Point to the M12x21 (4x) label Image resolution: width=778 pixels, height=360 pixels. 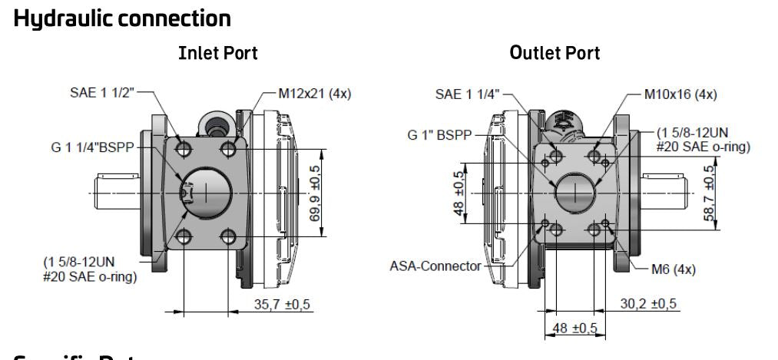pos(303,94)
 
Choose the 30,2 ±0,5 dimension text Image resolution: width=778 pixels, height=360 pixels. pos(650,303)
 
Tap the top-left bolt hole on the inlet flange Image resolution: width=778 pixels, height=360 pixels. pos(184,147)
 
